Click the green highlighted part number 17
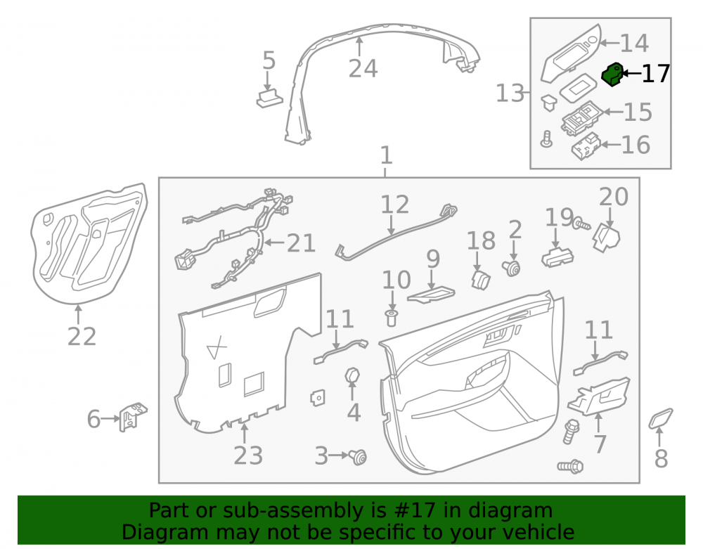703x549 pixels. coord(612,75)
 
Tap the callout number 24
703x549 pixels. coord(363,69)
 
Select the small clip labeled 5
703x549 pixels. coord(269,99)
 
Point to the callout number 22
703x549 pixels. coord(82,336)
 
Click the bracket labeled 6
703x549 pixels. coord(133,416)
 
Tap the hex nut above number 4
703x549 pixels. coord(352,376)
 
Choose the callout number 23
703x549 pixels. coord(248,456)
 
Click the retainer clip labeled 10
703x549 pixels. coord(392,317)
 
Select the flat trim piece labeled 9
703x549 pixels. coord(431,295)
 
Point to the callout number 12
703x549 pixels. coord(394,204)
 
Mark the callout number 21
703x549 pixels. coord(301,243)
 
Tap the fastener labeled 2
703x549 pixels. coord(512,268)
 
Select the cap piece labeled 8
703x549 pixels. coord(661,418)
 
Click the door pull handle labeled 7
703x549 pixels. coord(599,396)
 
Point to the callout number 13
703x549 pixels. coord(510,93)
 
